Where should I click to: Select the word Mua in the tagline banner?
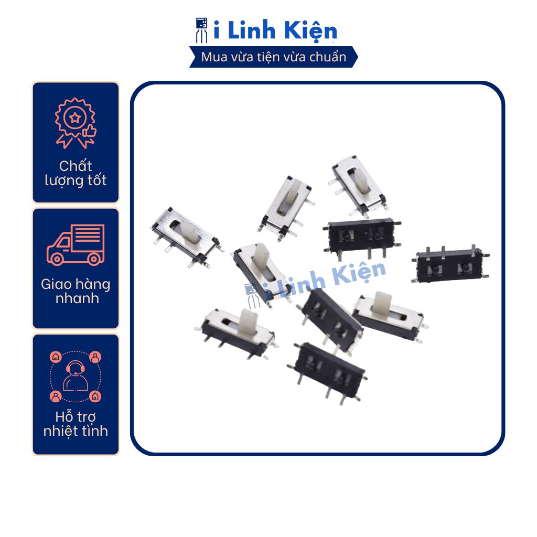tap(214, 57)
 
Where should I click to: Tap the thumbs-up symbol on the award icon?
tap(89, 131)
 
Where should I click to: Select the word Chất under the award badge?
tap(76, 166)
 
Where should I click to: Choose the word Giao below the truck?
tap(56, 285)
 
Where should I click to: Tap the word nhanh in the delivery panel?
tap(76, 299)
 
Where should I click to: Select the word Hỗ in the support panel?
tap(63, 417)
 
